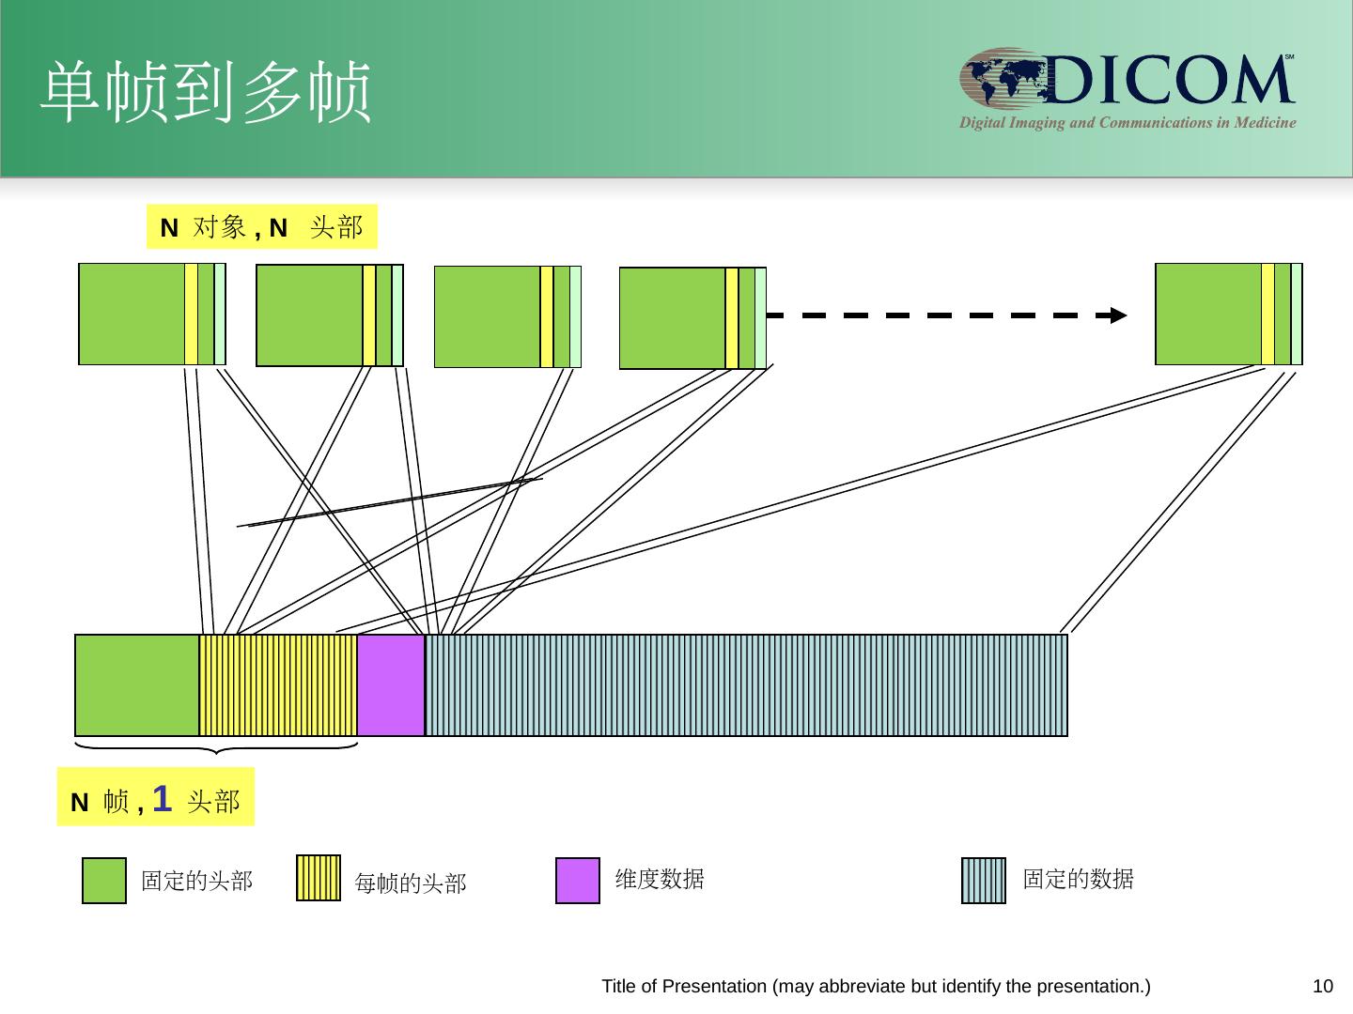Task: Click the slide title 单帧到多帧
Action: point(206,93)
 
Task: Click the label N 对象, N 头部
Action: point(261,227)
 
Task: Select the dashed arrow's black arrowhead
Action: point(1118,315)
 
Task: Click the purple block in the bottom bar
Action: point(391,684)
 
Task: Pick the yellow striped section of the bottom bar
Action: point(278,684)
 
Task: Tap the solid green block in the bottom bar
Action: point(137,684)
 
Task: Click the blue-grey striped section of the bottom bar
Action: point(746,684)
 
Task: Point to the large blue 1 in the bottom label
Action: point(162,799)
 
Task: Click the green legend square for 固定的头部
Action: point(104,881)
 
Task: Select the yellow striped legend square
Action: point(319,878)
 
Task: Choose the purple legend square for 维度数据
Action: point(578,881)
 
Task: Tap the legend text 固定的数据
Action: point(1078,880)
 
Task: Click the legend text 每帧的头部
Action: point(410,883)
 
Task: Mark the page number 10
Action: point(1322,987)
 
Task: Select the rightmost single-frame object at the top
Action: point(1228,314)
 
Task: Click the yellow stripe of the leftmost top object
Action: point(191,314)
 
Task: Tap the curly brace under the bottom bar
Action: point(216,748)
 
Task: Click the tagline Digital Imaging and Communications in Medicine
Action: point(1127,123)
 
